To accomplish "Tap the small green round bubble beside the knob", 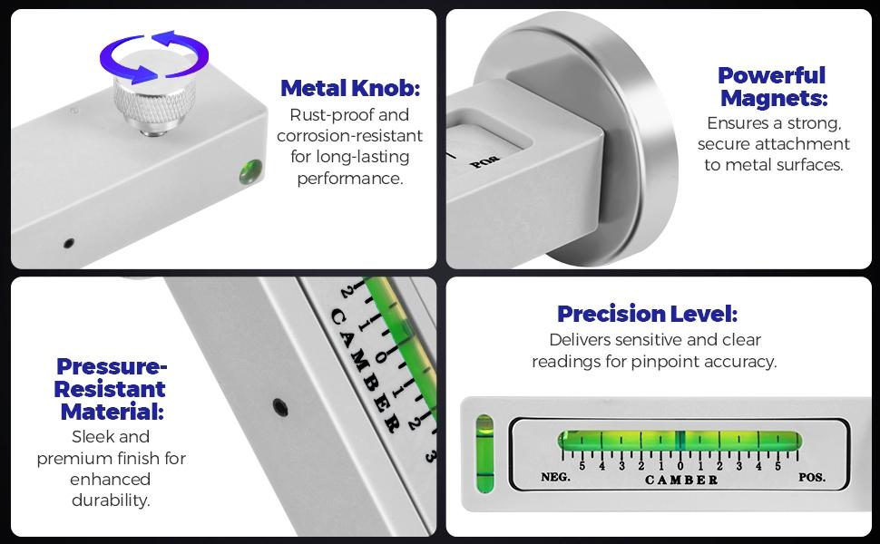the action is pyautogui.click(x=251, y=172).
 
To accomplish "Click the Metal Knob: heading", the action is pyautogui.click(x=350, y=88).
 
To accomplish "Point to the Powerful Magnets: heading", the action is pyautogui.click(x=773, y=86).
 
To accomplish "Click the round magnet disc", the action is pyautogui.click(x=617, y=141).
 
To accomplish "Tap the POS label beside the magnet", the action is pyautogui.click(x=484, y=161).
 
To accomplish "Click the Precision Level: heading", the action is pyautogui.click(x=647, y=314).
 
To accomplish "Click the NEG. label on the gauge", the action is pyautogui.click(x=555, y=477).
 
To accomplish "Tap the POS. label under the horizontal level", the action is pyautogui.click(x=812, y=477).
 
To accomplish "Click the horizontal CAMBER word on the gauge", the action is pyautogui.click(x=681, y=480).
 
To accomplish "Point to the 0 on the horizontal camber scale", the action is pyautogui.click(x=680, y=466).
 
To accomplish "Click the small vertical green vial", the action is pyautogui.click(x=484, y=453).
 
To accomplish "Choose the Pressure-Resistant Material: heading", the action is pyautogui.click(x=111, y=389).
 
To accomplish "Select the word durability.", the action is pyautogui.click(x=111, y=500).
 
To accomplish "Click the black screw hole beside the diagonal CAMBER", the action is pyautogui.click(x=280, y=407).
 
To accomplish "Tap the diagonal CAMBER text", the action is pyautogui.click(x=363, y=370).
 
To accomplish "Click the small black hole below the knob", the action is pyautogui.click(x=68, y=243).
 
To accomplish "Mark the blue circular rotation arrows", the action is pyautogui.click(x=154, y=57).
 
